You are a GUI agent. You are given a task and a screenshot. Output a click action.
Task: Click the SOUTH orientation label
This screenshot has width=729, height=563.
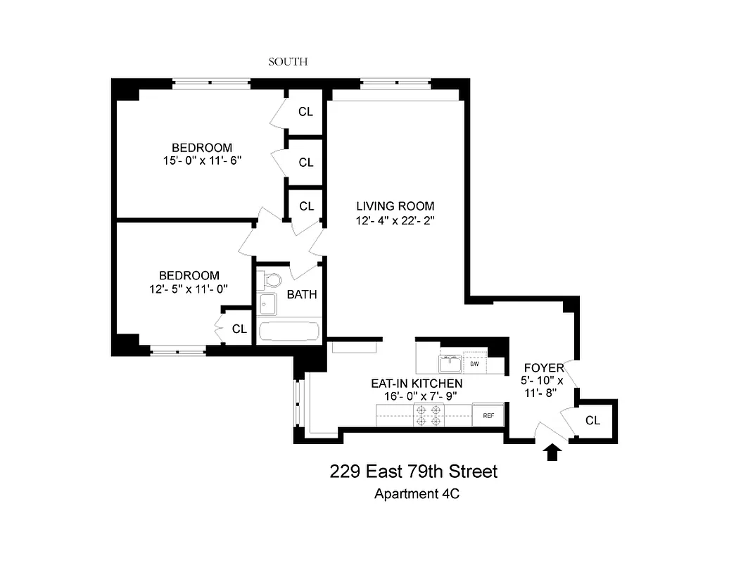click(288, 62)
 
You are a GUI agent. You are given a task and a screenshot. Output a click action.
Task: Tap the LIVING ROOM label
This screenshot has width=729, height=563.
click(395, 206)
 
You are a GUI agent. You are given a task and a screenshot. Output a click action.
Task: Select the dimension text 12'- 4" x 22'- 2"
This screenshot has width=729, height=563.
click(395, 220)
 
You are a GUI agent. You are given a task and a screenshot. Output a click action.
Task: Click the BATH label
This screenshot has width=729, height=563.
click(301, 294)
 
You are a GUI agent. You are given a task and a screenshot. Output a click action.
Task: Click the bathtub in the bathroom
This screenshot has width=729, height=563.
click(289, 331)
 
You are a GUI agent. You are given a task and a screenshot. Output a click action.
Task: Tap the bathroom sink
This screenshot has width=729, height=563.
click(267, 305)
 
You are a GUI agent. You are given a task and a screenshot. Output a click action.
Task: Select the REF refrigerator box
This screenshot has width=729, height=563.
click(488, 415)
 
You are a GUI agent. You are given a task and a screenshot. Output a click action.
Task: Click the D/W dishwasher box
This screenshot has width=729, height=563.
click(475, 365)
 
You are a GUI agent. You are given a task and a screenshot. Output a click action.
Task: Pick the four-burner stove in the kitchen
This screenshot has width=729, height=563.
click(429, 415)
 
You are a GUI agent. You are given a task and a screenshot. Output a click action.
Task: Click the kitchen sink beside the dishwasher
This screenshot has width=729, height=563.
click(450, 364)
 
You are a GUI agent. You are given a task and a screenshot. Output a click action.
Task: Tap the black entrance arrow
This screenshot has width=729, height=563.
click(552, 451)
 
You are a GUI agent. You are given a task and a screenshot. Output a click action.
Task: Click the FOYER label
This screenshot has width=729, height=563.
click(544, 368)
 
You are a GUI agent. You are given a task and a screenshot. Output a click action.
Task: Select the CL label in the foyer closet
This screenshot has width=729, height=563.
click(593, 420)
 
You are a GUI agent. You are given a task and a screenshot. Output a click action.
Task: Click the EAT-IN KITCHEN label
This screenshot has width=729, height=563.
click(417, 383)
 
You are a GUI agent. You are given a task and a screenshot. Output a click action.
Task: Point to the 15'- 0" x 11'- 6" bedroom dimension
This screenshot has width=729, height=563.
click(202, 161)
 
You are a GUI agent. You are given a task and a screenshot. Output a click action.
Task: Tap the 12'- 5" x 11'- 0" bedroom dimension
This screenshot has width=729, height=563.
click(189, 289)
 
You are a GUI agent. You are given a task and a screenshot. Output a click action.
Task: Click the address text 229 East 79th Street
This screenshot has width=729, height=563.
click(414, 471)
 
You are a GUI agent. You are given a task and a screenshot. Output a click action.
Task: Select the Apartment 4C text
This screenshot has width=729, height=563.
click(417, 493)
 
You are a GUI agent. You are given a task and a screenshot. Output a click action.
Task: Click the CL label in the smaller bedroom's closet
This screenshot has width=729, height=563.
click(240, 329)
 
